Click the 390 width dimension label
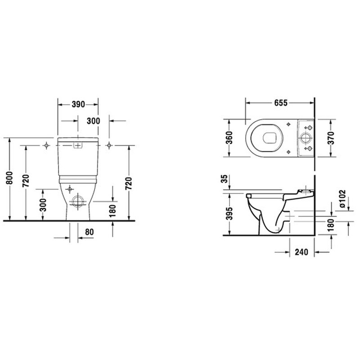coord(78,104)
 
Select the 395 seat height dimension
coord(228,213)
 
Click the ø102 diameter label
coord(342,199)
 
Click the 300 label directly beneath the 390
coord(93,121)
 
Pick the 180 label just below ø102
coord(342,223)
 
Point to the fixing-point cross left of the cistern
coord(46,145)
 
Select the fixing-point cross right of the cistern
coord(109,145)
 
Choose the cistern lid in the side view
coord(306,192)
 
